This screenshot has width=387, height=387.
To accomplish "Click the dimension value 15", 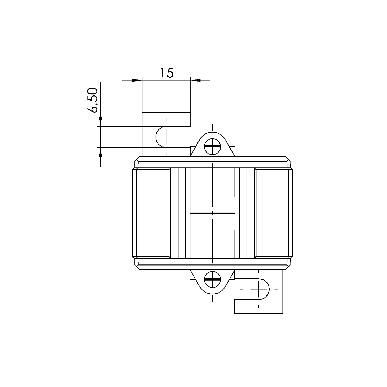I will [167, 73].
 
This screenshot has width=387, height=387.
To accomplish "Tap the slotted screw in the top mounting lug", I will [213, 147].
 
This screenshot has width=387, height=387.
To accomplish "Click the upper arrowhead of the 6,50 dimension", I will [100, 121].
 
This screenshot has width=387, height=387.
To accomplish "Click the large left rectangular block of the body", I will [152, 213].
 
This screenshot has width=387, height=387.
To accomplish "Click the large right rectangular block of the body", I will [272, 213].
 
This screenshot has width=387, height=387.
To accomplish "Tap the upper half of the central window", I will [212, 191].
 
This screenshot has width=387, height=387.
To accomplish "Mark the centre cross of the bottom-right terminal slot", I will [259, 289].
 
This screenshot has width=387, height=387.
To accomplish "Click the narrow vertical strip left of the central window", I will [182, 213].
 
